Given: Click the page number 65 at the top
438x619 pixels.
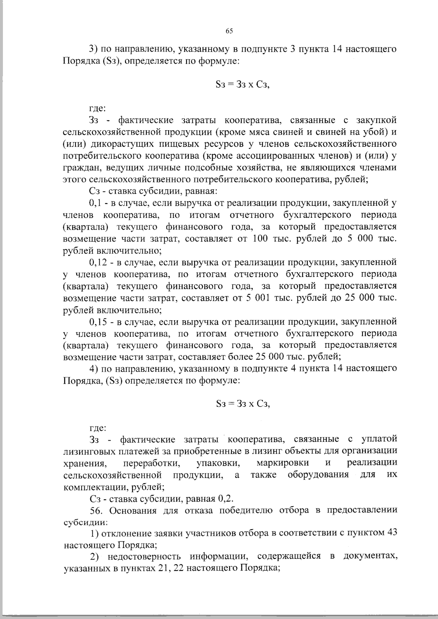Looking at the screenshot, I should (x=229, y=31).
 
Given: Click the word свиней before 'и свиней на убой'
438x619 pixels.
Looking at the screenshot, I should (x=303, y=132).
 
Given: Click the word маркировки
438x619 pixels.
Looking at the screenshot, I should (x=283, y=463).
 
